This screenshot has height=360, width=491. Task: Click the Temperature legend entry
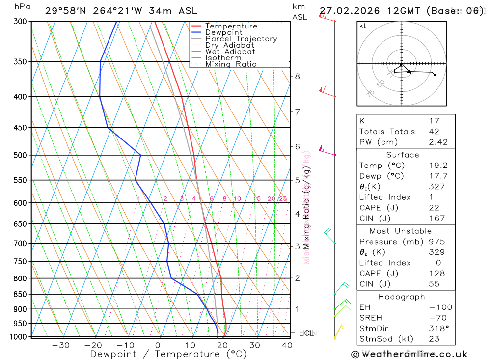(231, 26)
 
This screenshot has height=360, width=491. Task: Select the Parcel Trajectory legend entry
(241, 39)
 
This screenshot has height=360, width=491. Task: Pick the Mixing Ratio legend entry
(231, 64)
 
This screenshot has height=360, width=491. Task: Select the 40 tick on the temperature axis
(287, 345)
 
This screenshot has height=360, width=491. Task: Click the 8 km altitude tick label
(298, 76)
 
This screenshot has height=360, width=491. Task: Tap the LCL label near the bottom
(306, 333)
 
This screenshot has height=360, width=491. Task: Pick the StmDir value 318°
(437, 329)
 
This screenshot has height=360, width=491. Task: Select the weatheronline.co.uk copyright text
(409, 354)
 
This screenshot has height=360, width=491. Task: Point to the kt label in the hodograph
(363, 26)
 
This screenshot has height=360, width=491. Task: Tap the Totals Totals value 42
(434, 132)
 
